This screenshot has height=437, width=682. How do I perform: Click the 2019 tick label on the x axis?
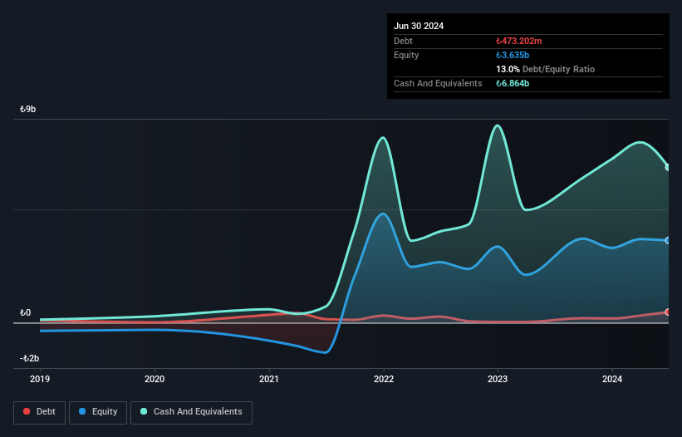coord(40,379)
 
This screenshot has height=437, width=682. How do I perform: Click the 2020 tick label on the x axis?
coord(155,379)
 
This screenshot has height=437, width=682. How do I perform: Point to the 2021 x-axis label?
coord(269,379)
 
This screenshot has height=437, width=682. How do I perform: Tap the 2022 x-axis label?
coord(383,379)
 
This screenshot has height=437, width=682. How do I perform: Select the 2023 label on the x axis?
coord(498,379)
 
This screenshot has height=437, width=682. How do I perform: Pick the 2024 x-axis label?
coord(612,379)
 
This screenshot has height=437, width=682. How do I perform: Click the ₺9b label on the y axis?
coord(28,109)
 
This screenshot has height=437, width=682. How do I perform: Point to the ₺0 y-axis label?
coord(26,312)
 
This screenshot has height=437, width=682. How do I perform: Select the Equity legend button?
coord(98,412)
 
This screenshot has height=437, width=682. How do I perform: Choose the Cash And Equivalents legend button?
coord(191,412)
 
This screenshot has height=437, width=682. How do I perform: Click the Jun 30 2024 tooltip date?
coord(419,26)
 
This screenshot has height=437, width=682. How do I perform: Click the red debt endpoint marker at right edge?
coord(668,312)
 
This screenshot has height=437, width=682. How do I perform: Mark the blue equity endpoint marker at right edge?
coord(668,241)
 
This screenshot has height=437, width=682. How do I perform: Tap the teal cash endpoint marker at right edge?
coord(668,167)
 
